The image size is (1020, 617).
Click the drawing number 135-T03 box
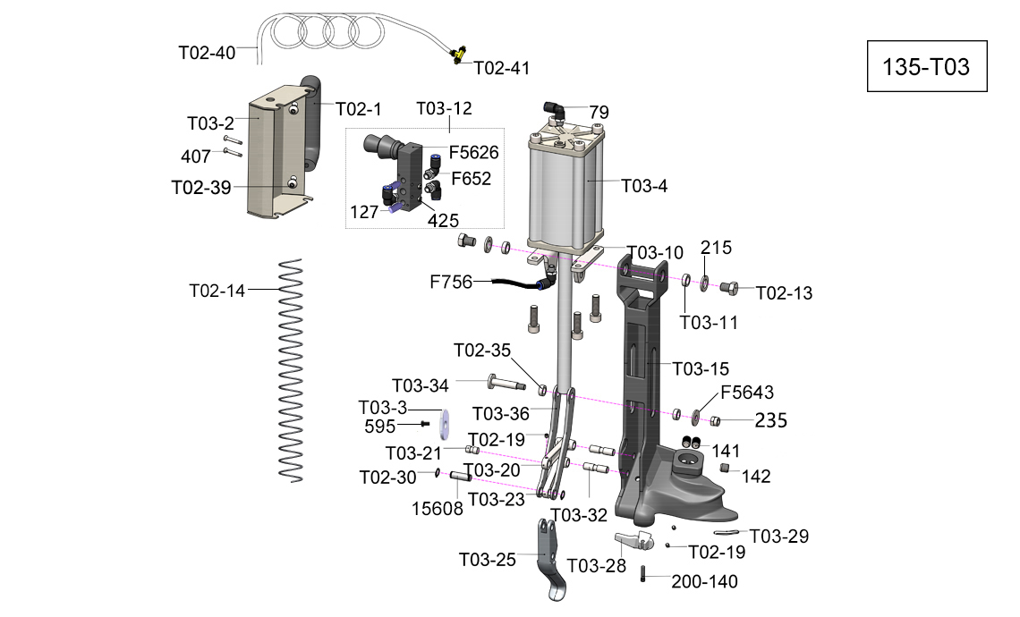pos(926,67)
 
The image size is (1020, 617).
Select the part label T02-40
pos(207,53)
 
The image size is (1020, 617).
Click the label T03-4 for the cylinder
pos(644,187)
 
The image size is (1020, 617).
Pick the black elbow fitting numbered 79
pos(556,110)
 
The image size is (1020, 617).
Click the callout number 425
pos(444,219)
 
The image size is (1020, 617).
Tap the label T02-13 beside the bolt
pos(784,293)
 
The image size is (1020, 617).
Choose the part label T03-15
pos(701,368)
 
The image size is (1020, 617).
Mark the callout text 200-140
pos(704,582)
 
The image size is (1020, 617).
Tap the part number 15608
pos(438,509)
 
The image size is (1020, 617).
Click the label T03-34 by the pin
pos(421,385)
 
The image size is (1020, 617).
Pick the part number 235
pos(770,421)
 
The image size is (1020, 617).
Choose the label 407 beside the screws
pos(196,156)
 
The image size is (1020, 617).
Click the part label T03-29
pos(778,537)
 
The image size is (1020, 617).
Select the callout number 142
pos(756,477)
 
